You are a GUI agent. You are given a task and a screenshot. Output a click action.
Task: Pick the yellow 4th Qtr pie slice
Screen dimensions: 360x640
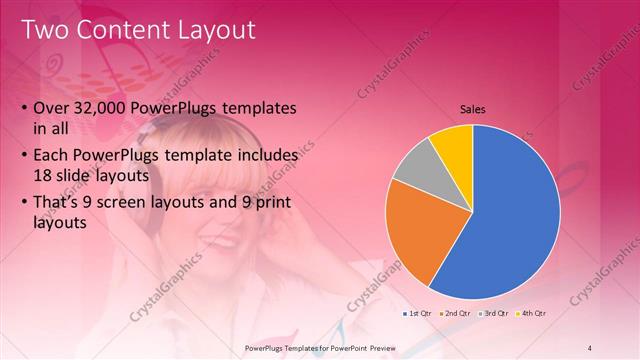tap(452, 145)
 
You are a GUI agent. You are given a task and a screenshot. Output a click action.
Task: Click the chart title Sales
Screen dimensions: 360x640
tap(473, 110)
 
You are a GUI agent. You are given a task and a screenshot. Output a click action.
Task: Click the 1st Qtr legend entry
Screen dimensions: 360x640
tap(418, 313)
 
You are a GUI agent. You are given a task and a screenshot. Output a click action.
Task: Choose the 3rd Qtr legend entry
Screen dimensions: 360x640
tap(493, 313)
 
